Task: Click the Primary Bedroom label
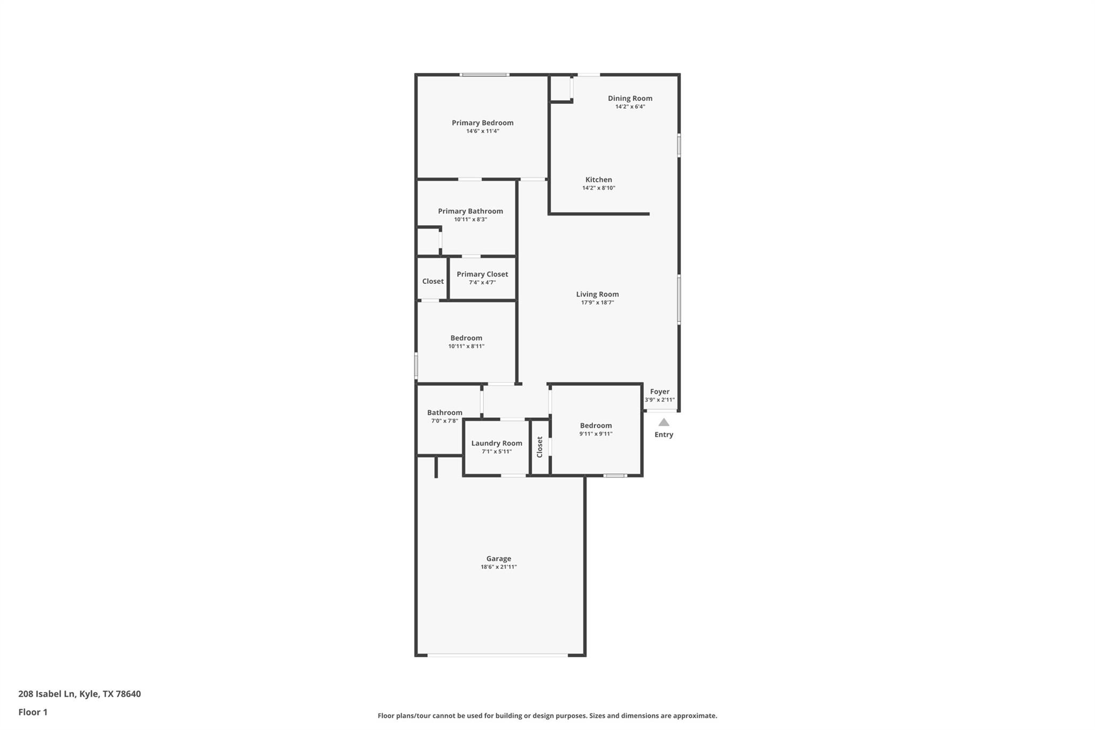tap(482, 123)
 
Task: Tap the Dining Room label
tap(630, 98)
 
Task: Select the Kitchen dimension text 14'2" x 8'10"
tap(598, 188)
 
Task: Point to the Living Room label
tap(597, 294)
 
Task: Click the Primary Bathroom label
tap(470, 211)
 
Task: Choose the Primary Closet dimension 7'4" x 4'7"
tap(482, 283)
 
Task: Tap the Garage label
tap(498, 559)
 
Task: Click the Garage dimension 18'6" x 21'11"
tap(498, 567)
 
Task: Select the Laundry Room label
tap(496, 443)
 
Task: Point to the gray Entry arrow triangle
tap(664, 422)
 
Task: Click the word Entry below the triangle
tap(664, 435)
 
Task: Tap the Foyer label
tap(659, 392)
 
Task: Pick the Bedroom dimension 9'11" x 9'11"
tap(596, 434)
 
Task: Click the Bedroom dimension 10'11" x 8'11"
tap(466, 347)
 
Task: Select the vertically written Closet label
tap(539, 447)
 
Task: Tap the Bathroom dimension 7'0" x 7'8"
tap(444, 421)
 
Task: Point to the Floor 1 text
tap(33, 712)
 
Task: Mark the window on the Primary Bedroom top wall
tap(484, 75)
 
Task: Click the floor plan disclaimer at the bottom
tap(547, 716)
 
